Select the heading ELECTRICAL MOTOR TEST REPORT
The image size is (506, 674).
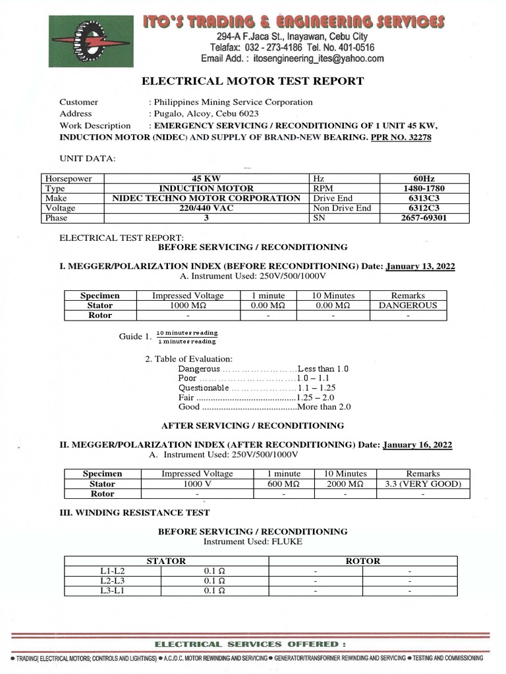click(253, 81)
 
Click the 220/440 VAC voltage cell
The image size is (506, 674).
click(206, 208)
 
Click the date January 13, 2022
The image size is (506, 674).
click(420, 267)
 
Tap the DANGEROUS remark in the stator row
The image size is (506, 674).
click(408, 305)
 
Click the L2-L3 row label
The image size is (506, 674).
click(107, 581)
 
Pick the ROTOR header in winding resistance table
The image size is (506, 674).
click(363, 561)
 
